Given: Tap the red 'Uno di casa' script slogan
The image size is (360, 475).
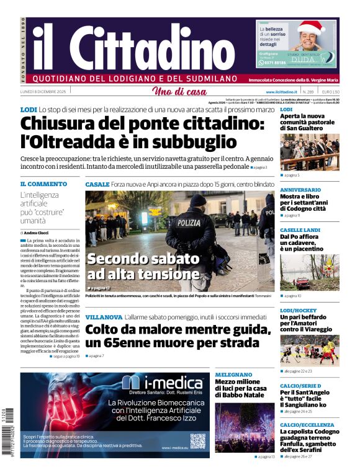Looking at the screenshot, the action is tap(179, 92).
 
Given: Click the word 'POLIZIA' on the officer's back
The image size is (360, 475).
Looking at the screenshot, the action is tap(189, 223).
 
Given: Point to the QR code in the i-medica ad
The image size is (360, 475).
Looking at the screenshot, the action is tap(197, 441).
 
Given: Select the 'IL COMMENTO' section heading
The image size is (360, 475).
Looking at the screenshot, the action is tap(43, 184).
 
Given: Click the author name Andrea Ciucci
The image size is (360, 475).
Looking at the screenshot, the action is tap(38, 232).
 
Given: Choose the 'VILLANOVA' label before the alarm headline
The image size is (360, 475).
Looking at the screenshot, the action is tap(104, 317).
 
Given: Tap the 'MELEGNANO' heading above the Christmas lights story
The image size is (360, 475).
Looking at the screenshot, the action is tap(233, 375).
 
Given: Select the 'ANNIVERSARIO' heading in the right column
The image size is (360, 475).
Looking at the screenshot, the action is tap(300, 189).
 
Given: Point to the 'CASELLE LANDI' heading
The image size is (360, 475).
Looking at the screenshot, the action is tap(300, 229).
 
